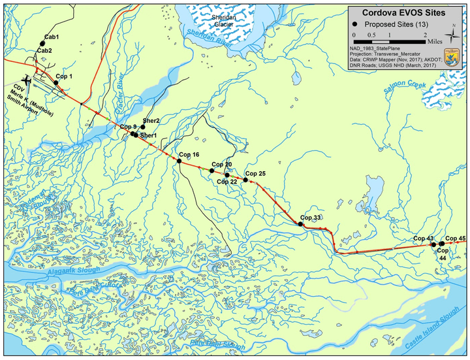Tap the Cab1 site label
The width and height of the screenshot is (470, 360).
click(x=52, y=37)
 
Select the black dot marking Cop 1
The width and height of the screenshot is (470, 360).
click(x=56, y=82)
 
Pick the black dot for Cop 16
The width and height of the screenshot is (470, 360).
click(x=180, y=161)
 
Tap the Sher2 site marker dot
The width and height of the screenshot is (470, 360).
click(x=143, y=127)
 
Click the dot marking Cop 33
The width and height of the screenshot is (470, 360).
click(x=300, y=224)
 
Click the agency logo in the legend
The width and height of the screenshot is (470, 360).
click(x=452, y=55)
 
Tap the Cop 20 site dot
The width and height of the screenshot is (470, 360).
click(x=212, y=171)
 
